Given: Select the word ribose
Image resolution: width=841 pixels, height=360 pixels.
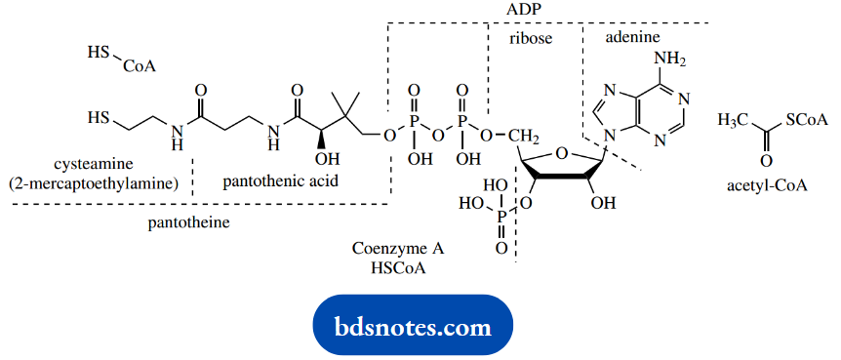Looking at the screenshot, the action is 531,39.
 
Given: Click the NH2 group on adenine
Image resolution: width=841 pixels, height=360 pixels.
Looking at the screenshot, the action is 670,59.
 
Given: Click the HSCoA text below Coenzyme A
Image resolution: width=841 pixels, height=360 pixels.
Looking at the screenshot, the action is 390,265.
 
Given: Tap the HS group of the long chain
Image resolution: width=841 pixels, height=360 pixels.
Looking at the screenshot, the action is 98,118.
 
